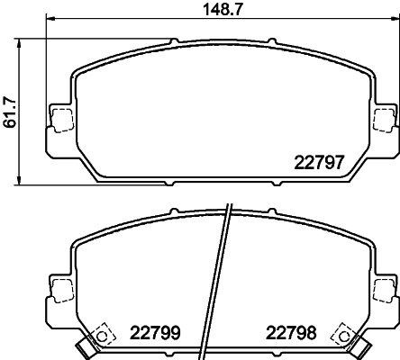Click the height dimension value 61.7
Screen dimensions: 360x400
coord(10,112)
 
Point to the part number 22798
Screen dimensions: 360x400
coord(291,332)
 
